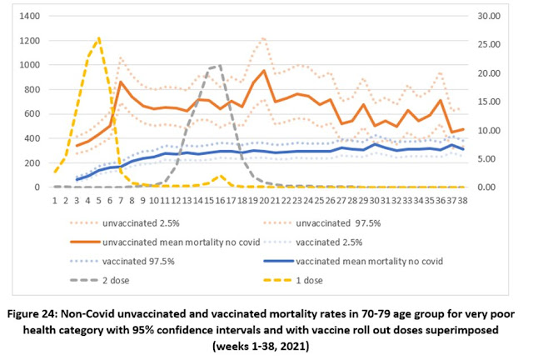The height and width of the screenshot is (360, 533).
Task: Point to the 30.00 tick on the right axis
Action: (x=506, y=16)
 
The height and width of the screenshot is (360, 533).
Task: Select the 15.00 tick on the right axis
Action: (x=506, y=102)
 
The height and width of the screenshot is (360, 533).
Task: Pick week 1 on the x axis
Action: (x=55, y=200)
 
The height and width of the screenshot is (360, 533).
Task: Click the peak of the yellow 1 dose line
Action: (x=100, y=37)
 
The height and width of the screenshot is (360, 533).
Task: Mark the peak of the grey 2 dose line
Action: (x=219, y=65)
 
